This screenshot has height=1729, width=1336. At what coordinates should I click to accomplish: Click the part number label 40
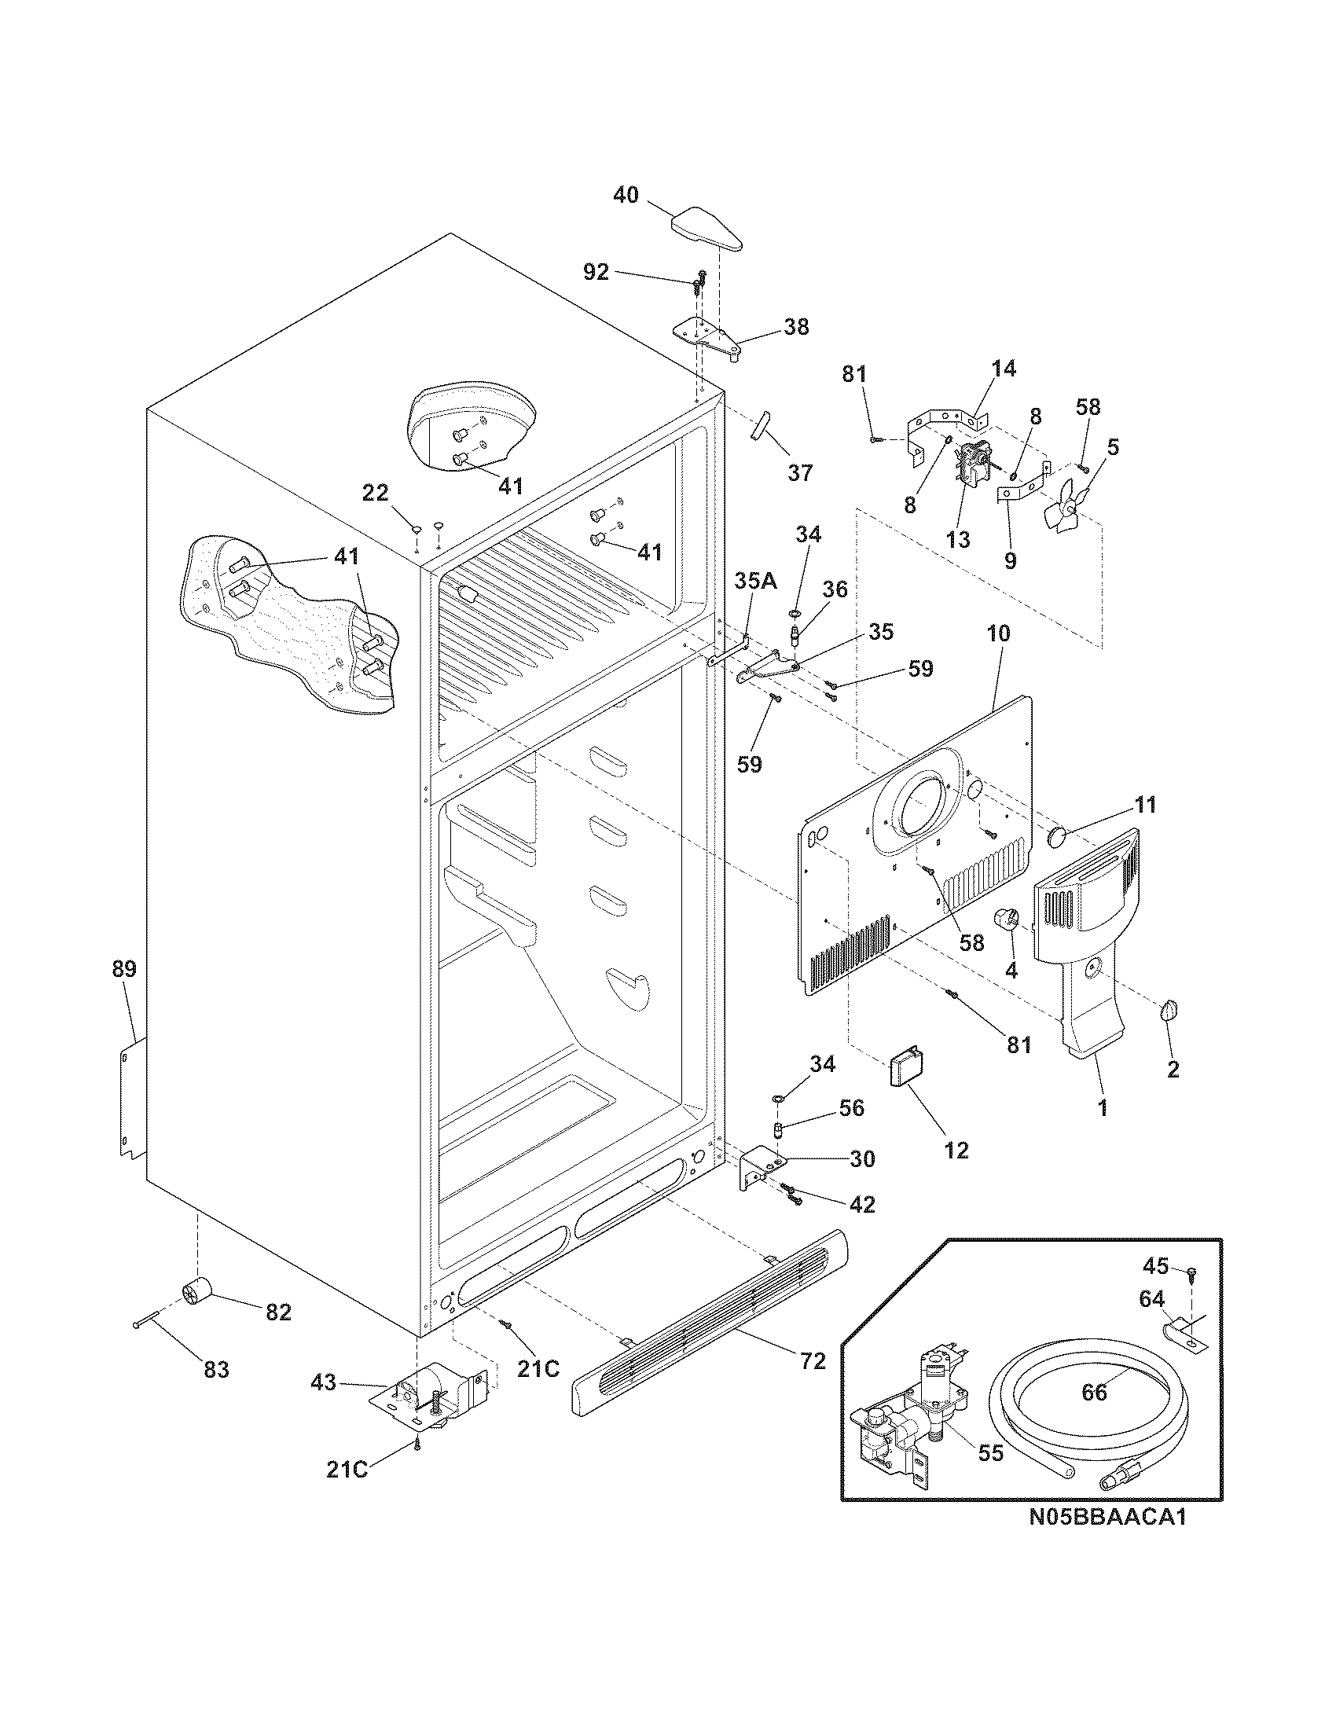tap(626, 195)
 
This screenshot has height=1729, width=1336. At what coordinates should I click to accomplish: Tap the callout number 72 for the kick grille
tap(813, 1361)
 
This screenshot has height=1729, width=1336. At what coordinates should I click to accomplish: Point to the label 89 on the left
tap(124, 969)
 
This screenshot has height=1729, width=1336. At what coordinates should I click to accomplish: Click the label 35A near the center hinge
tap(755, 582)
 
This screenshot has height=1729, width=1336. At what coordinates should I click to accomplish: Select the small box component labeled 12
tap(905, 1070)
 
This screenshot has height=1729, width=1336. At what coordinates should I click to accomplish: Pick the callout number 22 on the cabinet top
tap(375, 494)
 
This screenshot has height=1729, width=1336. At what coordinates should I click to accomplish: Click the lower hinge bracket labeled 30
tap(753, 1170)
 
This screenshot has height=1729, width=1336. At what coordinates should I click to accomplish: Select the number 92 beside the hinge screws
tap(596, 273)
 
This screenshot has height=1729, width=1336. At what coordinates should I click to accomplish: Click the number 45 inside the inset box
tap(1156, 1267)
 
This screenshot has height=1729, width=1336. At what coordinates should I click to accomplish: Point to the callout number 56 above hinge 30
tap(852, 1107)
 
